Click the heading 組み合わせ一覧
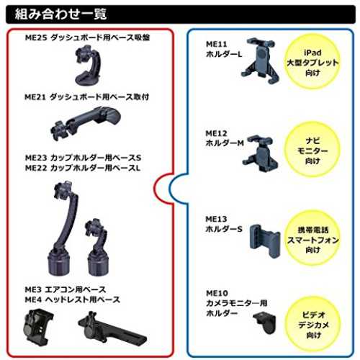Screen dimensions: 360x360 click(x=60, y=14)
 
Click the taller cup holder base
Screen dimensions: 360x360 click(x=63, y=228)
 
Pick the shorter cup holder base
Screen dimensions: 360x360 click(x=97, y=247)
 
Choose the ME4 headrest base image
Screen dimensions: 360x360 click(x=112, y=328)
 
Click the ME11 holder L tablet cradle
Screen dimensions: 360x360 click(x=260, y=60)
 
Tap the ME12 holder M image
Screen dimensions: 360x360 click(x=260, y=153)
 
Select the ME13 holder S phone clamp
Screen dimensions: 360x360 click(x=264, y=241)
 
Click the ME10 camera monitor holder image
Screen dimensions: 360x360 click(x=265, y=323)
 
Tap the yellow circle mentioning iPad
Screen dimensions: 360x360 click(x=312, y=62)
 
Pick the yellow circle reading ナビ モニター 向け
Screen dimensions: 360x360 click(x=312, y=150)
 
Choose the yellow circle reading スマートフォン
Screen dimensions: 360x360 click(x=312, y=239)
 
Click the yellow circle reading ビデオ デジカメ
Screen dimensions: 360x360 click(x=313, y=325)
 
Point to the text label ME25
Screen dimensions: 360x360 click(x=35, y=37)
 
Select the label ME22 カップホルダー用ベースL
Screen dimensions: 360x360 click(x=83, y=168)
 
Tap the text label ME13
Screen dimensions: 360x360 click(x=216, y=219)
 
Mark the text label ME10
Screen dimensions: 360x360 click(x=217, y=293)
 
